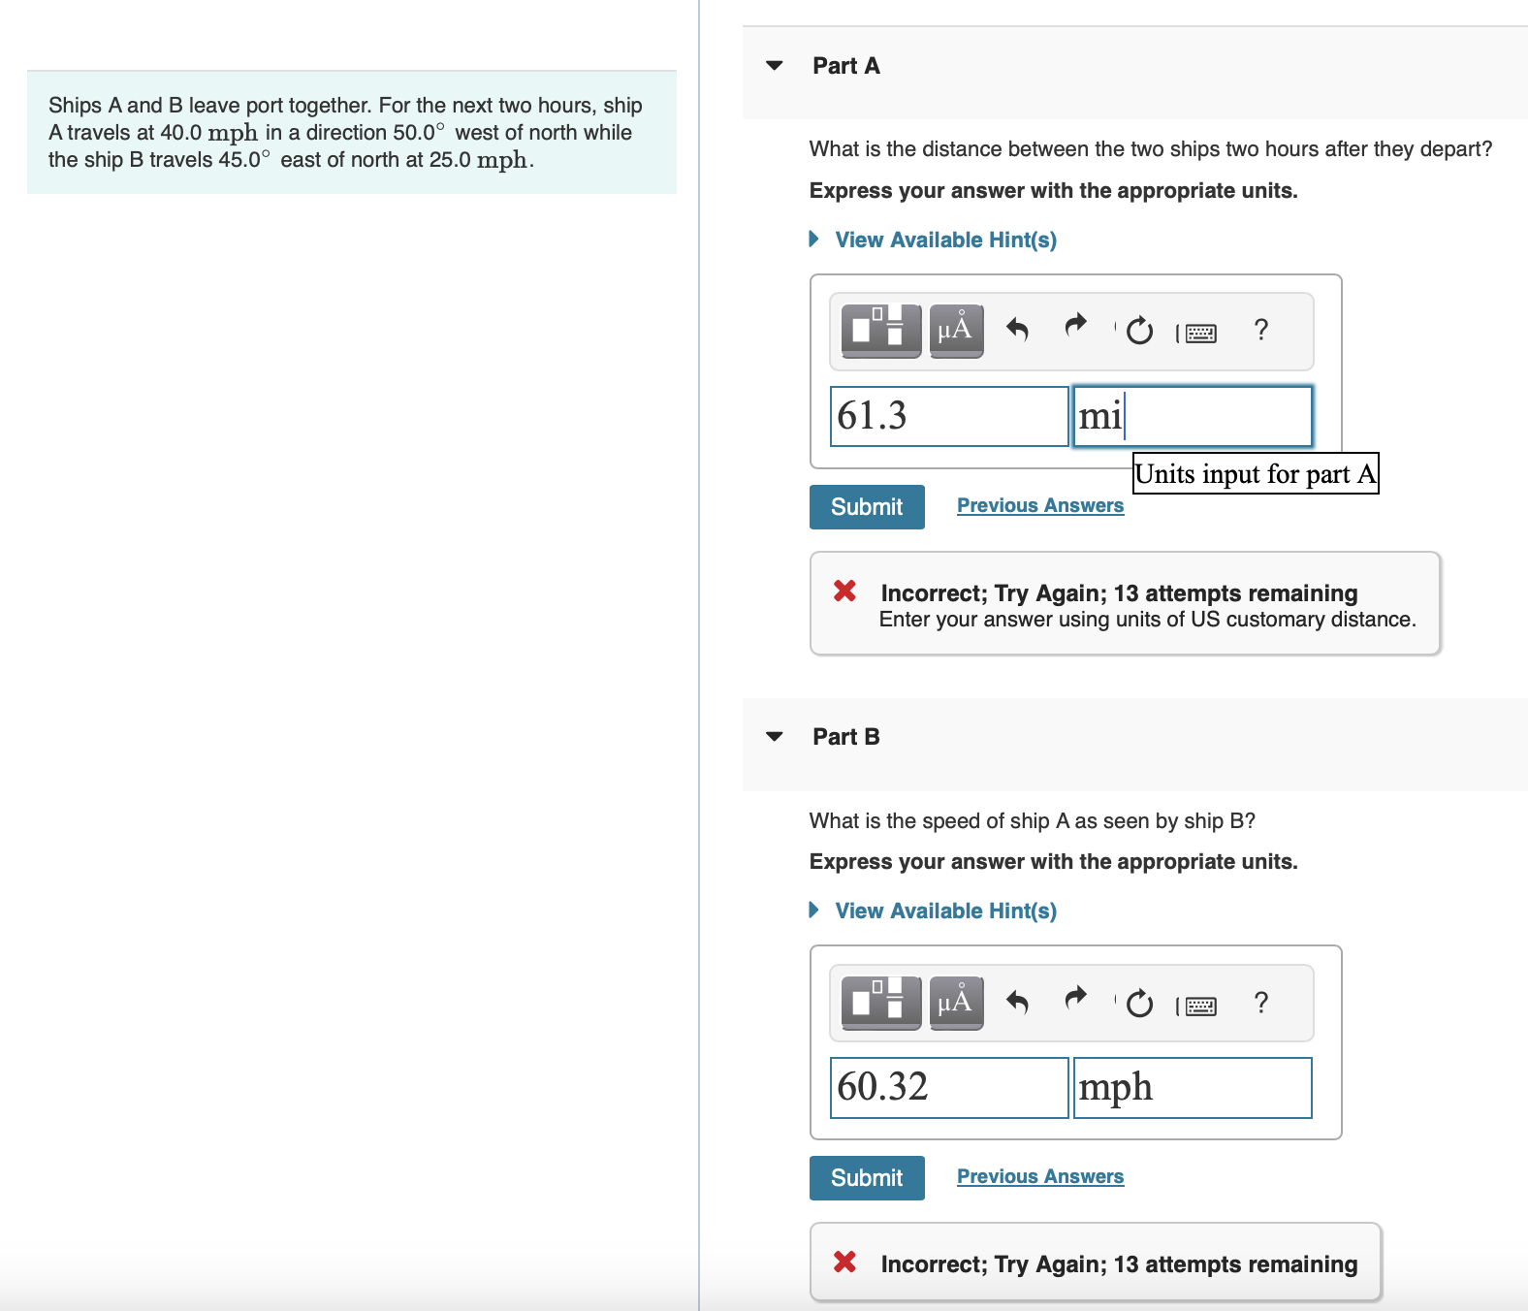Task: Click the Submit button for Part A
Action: [x=867, y=507]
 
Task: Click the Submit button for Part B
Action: [x=867, y=1178]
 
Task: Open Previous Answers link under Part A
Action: [x=1040, y=505]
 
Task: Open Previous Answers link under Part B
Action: [x=1040, y=1176]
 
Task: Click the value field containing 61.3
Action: [x=948, y=417]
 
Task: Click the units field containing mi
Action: [x=1193, y=417]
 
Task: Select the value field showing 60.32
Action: [x=948, y=1088]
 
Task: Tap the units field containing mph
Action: [x=1193, y=1088]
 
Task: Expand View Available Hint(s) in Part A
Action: [x=945, y=240]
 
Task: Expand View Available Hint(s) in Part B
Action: [x=945, y=911]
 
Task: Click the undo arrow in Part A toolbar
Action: [x=1017, y=331]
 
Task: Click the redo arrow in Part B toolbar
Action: [x=1076, y=1000]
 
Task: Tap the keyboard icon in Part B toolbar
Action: [x=1200, y=1006]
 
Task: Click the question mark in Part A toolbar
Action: [x=1260, y=331]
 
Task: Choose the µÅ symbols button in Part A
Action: [x=956, y=331]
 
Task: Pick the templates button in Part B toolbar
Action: [x=881, y=1002]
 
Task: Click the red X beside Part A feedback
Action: [x=844, y=591]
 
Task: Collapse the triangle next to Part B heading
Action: [x=774, y=737]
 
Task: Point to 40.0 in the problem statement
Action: [x=181, y=133]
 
